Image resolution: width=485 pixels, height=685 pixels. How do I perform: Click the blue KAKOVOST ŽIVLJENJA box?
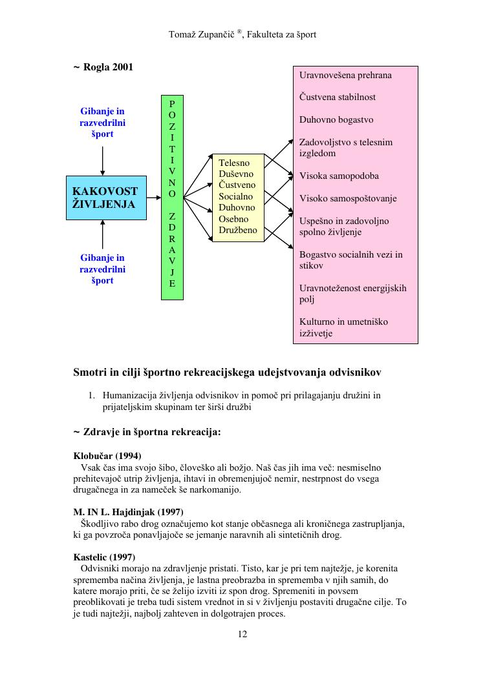click(105, 198)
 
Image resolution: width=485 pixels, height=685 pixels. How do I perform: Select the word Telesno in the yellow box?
click(234, 163)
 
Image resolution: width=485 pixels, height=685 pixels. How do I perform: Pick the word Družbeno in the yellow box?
click(238, 230)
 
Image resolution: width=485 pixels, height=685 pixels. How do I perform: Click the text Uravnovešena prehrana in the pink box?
click(345, 75)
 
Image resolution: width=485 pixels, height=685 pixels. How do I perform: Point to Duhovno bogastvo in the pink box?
click(336, 120)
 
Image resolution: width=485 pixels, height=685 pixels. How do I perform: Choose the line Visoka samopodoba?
click(339, 176)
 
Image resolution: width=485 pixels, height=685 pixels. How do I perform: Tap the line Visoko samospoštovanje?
click(348, 198)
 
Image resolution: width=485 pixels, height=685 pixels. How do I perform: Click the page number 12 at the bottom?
click(242, 634)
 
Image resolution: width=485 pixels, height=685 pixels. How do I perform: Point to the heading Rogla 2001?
click(107, 66)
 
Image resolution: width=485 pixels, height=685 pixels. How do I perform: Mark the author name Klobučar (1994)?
click(107, 456)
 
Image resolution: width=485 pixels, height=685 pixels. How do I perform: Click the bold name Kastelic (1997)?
click(105, 557)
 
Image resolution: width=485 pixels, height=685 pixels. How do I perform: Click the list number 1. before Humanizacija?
click(92, 395)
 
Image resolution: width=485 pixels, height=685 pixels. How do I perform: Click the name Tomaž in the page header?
click(182, 34)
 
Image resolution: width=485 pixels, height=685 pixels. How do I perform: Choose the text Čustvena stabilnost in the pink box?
click(337, 97)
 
